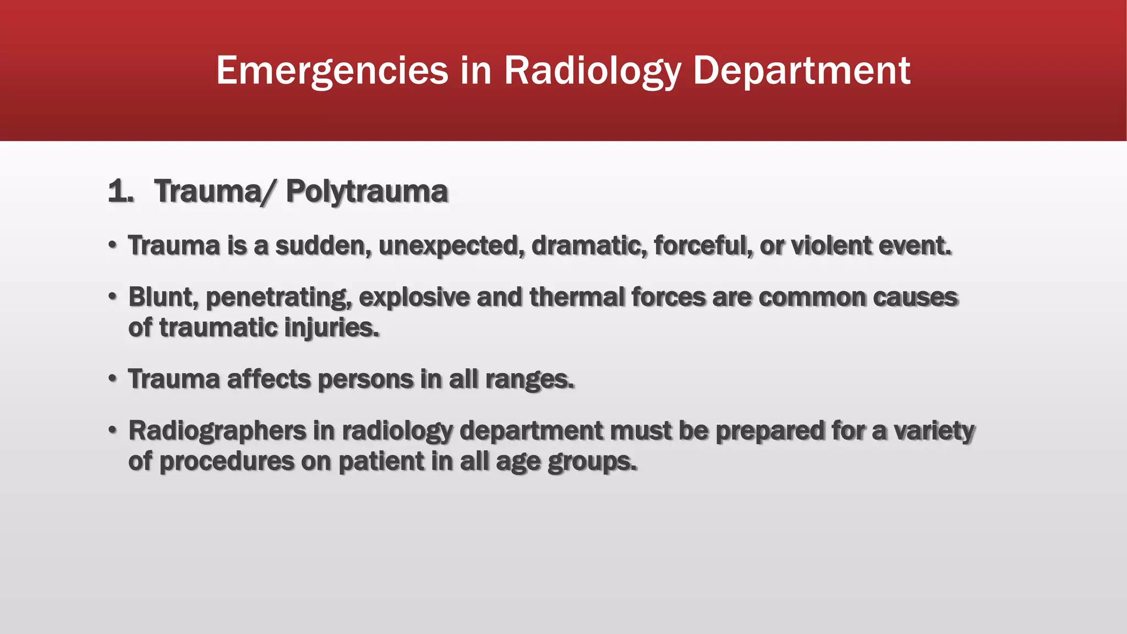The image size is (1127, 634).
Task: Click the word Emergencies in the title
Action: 332,70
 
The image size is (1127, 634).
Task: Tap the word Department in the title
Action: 801,70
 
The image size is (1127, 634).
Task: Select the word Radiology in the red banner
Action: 592,70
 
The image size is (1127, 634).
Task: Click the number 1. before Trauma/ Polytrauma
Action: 121,192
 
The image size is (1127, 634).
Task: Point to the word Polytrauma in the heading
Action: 367,192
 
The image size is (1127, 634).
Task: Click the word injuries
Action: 331,327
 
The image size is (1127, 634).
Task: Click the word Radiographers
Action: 217,430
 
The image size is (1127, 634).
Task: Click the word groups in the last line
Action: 592,461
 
